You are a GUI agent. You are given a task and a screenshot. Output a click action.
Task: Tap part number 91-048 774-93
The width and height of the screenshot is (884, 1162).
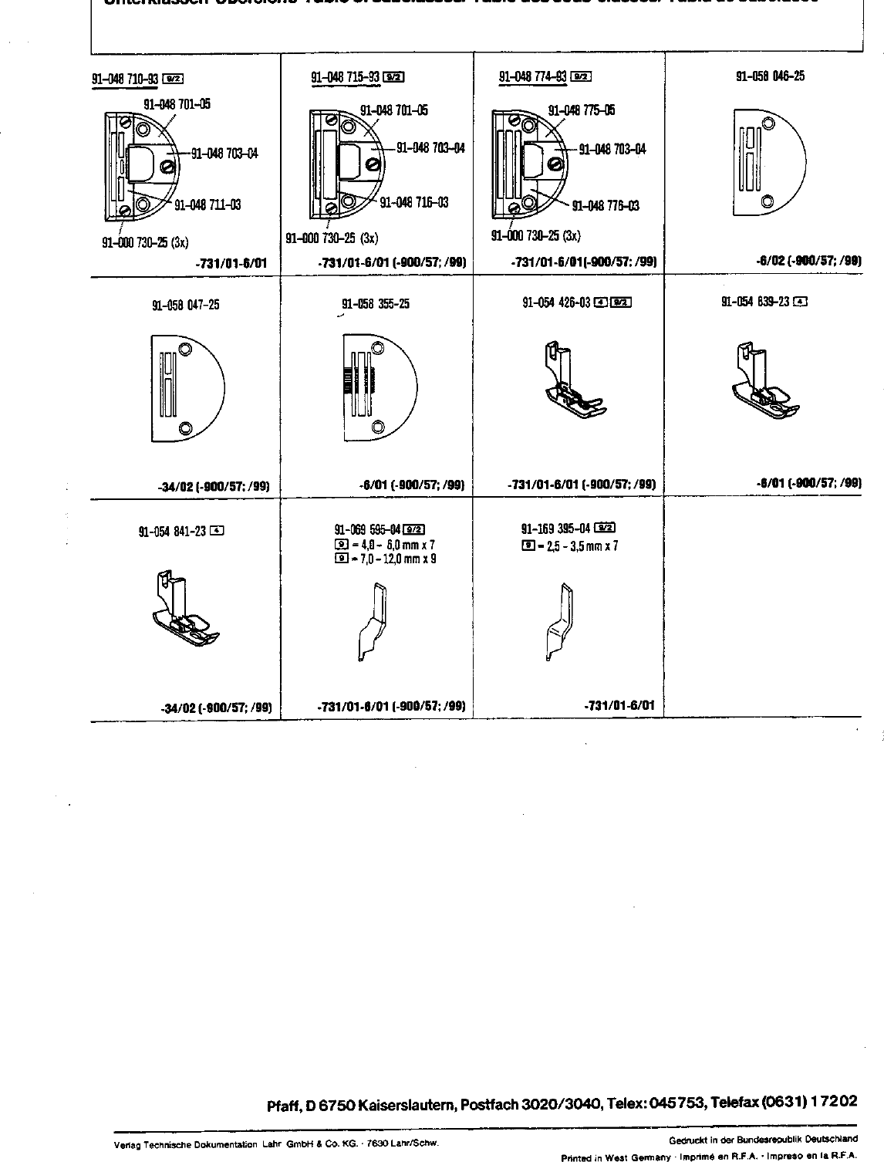tap(533, 76)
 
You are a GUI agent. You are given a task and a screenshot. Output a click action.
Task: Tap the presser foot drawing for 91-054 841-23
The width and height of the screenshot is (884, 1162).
tap(184, 606)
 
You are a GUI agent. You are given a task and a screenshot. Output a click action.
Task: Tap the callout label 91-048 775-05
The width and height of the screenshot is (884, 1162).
tap(581, 110)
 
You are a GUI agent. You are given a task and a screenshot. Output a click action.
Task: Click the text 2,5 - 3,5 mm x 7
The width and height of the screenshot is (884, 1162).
tap(577, 546)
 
